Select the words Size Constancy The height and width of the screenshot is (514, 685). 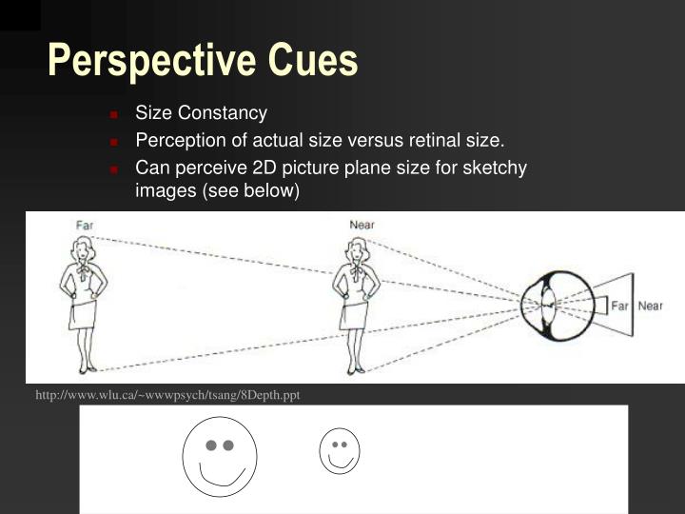(x=201, y=113)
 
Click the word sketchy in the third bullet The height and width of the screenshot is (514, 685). (x=498, y=168)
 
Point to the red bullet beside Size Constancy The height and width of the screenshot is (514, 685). (x=113, y=114)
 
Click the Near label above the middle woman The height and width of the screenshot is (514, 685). (x=361, y=225)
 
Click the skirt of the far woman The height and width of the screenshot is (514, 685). (x=83, y=313)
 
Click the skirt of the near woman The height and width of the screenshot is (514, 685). (x=357, y=313)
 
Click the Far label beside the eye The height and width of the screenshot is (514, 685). (x=619, y=306)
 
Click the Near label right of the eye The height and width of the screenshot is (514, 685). (x=650, y=306)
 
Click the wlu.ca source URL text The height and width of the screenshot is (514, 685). (x=167, y=395)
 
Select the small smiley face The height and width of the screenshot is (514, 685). (x=339, y=450)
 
